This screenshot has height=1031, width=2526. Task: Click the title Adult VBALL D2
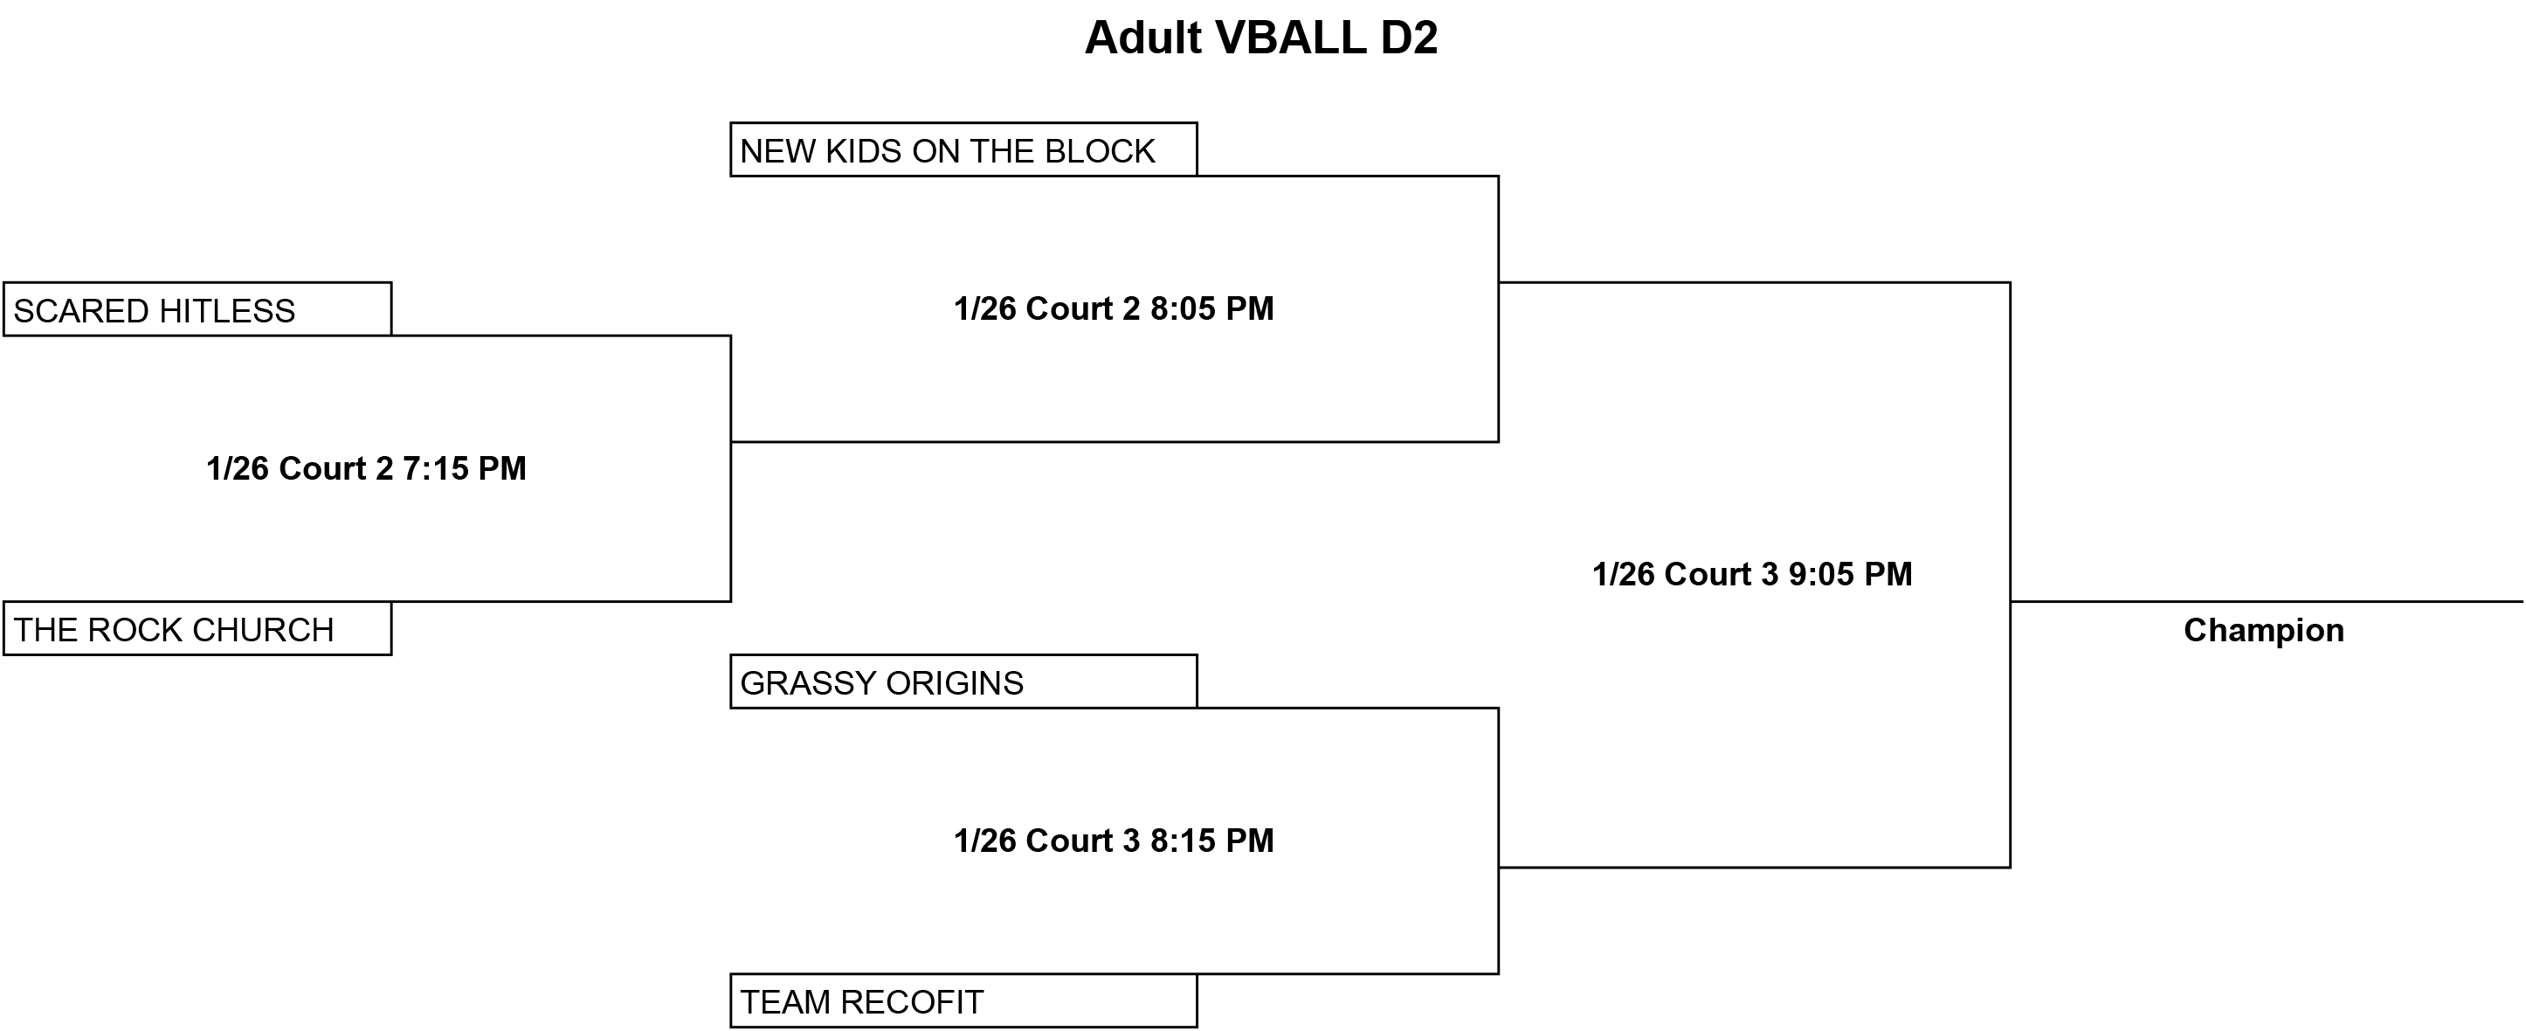click(x=1261, y=38)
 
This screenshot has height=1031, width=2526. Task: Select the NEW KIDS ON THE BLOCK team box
click(x=964, y=149)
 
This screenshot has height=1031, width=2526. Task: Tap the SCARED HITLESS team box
click(x=197, y=309)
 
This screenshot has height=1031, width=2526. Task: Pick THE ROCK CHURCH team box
click(x=197, y=628)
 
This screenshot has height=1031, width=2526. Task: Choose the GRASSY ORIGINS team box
click(x=964, y=681)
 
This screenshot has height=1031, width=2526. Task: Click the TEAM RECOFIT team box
click(x=964, y=1000)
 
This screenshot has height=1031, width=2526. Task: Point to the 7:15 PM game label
click(x=366, y=469)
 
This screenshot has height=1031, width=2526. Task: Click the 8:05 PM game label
click(x=1114, y=309)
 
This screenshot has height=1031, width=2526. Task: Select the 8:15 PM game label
click(x=1114, y=841)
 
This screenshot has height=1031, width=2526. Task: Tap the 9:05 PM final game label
click(x=1752, y=574)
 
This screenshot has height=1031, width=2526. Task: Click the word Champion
click(x=2264, y=631)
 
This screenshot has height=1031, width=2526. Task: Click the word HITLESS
click(x=226, y=311)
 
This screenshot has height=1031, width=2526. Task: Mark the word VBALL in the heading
click(x=1290, y=38)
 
